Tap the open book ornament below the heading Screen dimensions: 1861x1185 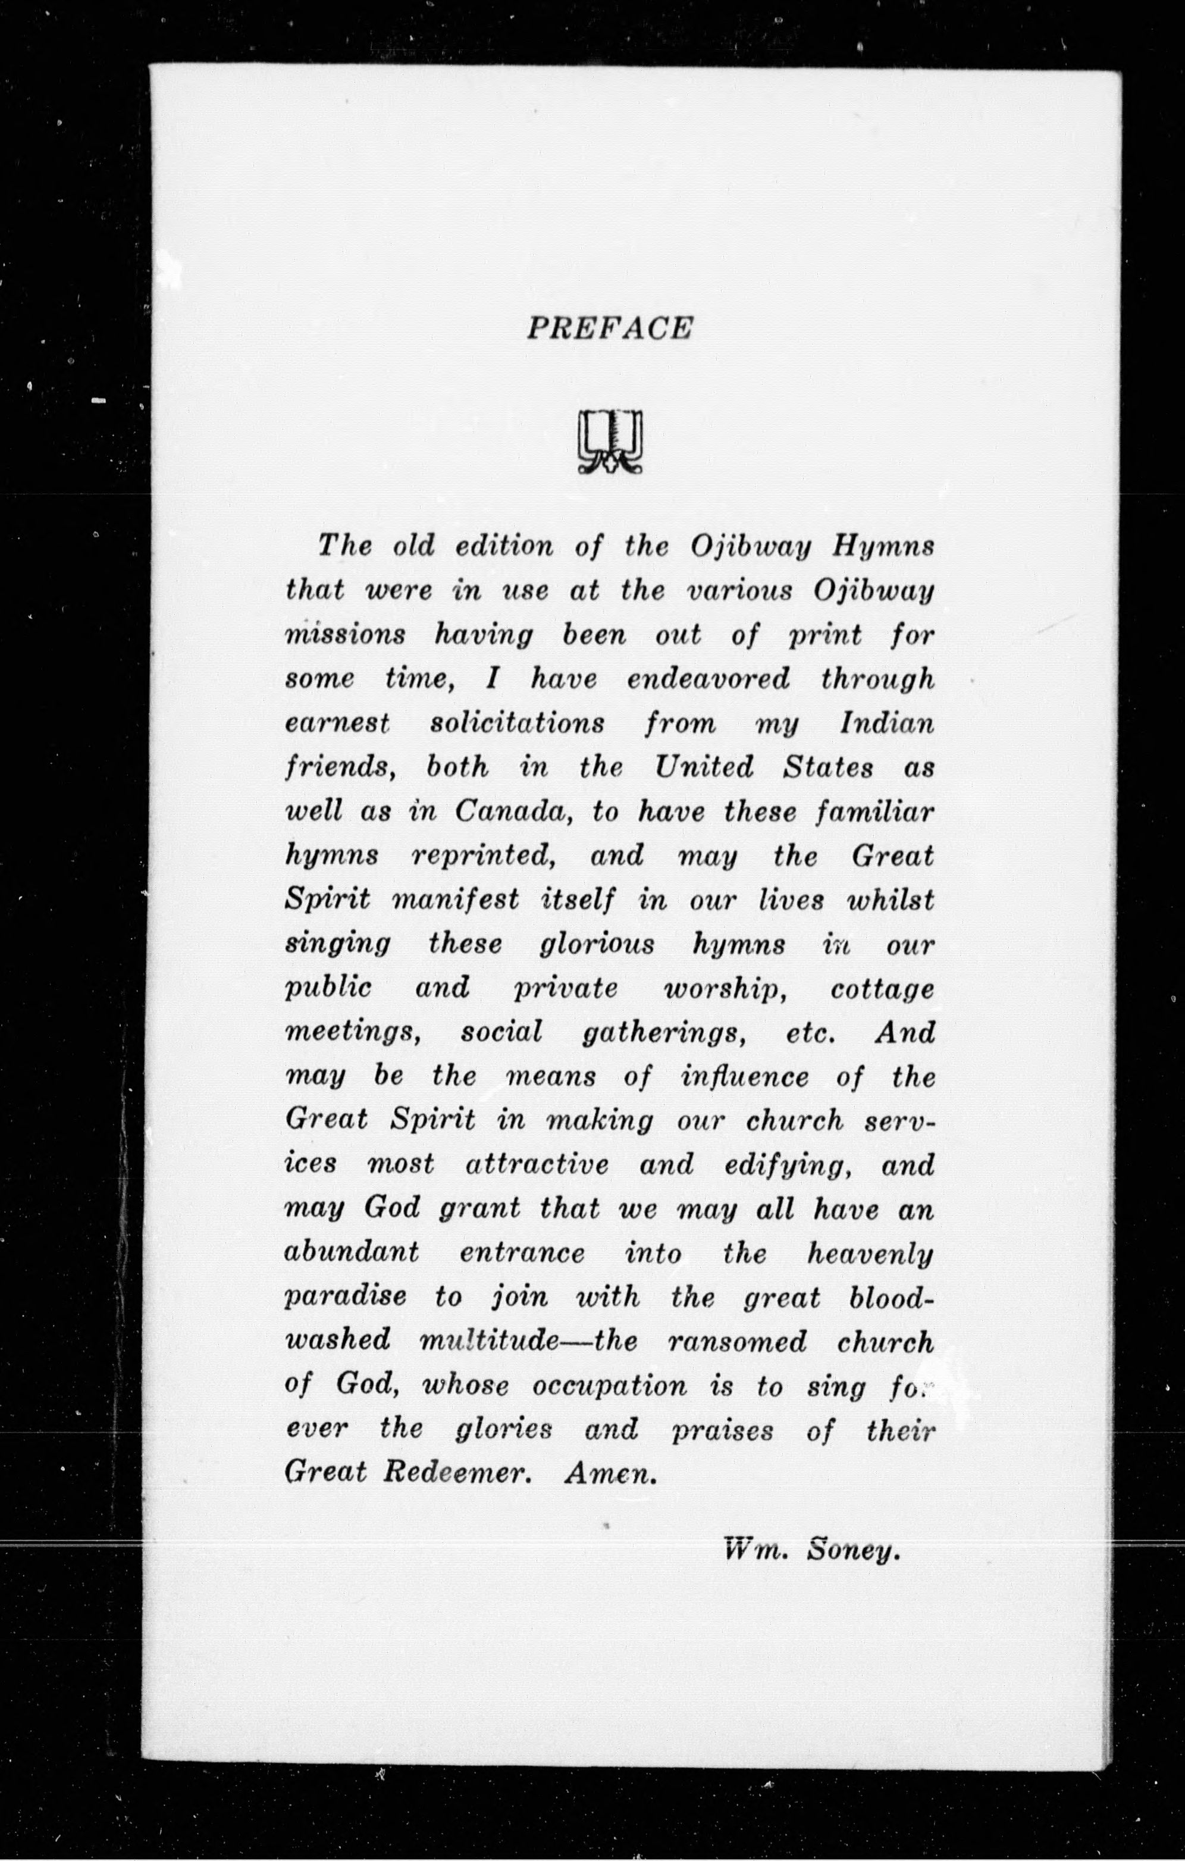click(610, 441)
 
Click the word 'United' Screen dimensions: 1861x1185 click(703, 767)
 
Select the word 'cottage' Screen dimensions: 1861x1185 click(882, 990)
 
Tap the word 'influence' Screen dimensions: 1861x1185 click(745, 1077)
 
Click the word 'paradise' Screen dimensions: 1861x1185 click(346, 1298)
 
